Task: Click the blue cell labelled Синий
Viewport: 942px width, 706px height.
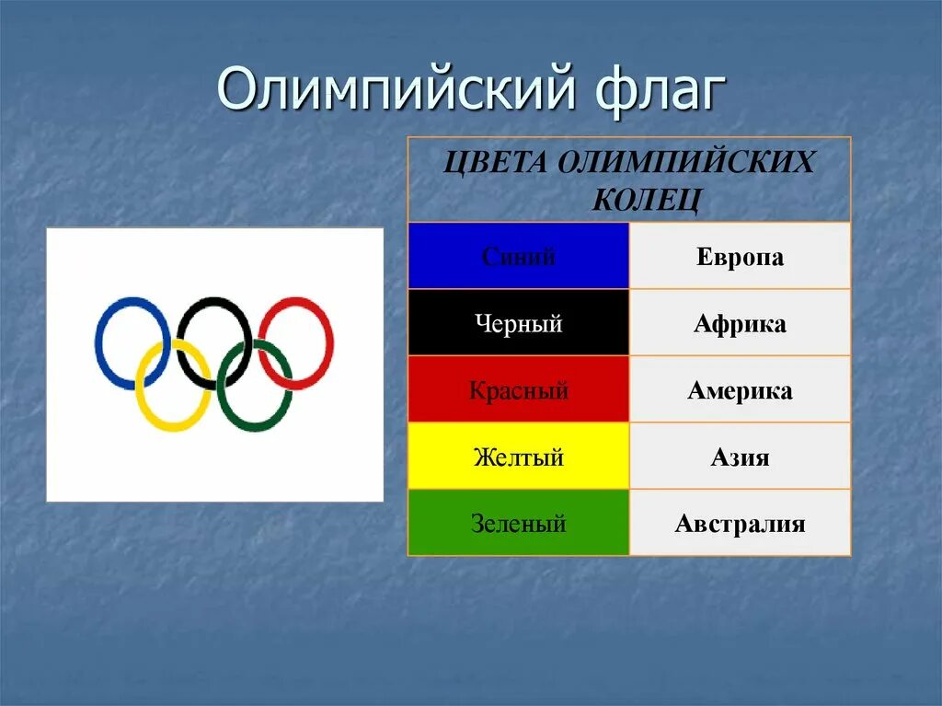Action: click(519, 257)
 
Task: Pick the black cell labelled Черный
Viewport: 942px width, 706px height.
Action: click(519, 324)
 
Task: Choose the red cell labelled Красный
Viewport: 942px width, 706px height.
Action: click(519, 390)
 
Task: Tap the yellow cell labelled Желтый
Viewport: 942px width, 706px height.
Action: click(519, 457)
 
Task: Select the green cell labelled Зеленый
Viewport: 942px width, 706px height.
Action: click(519, 524)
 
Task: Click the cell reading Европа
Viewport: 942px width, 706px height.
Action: click(740, 257)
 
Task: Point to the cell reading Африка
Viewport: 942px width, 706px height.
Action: click(740, 324)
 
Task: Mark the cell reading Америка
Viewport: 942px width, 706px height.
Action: click(740, 390)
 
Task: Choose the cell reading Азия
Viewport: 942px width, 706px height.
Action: click(740, 457)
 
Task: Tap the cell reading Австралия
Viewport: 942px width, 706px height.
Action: click(740, 524)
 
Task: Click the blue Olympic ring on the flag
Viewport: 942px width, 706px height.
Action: click(99, 342)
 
